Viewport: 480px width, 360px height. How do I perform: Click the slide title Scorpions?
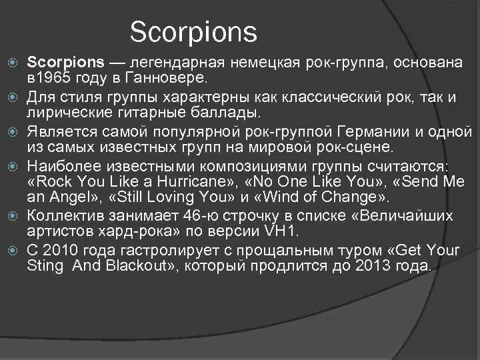point(193,31)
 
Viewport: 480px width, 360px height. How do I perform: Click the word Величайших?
point(403,216)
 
